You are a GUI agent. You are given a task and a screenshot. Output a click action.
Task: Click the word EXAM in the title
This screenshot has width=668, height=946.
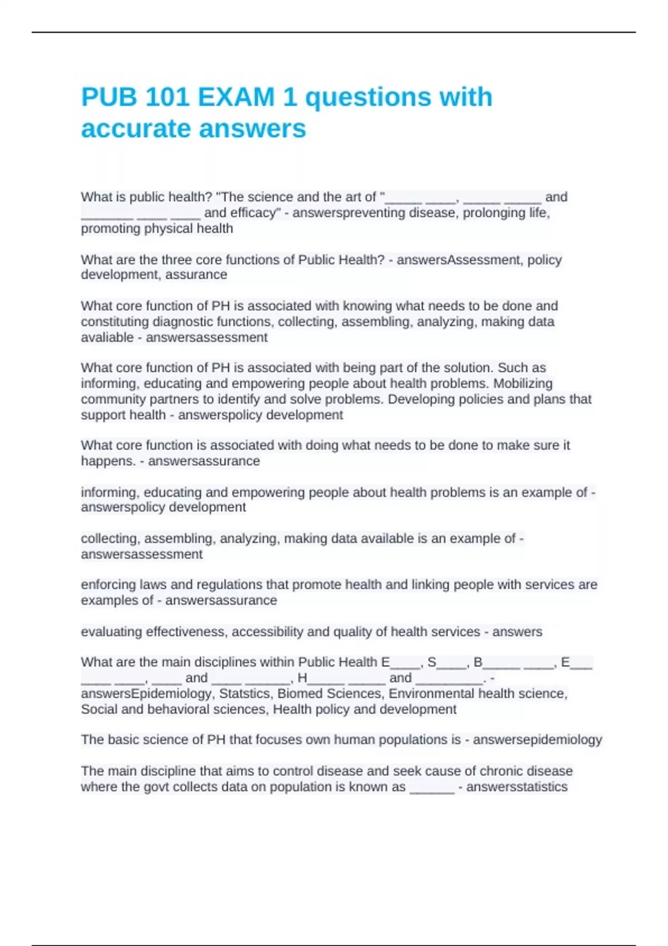tap(236, 97)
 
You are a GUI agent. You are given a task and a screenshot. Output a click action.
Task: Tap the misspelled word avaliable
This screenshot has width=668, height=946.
tap(107, 337)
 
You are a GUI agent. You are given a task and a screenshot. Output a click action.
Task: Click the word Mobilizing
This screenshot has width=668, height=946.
tap(523, 383)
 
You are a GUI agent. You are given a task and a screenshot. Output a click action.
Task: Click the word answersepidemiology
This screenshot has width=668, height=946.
tap(537, 740)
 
